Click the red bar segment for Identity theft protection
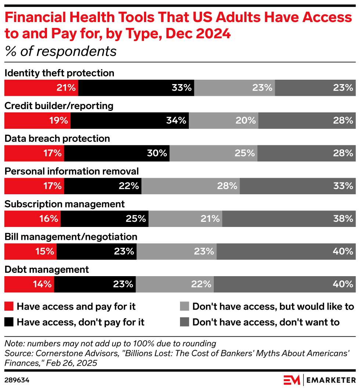[41, 88]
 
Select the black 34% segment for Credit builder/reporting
[130, 120]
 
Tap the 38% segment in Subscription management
[289, 219]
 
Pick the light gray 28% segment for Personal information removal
[191, 186]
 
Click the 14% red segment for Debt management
[29, 284]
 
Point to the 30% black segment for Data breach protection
[117, 153]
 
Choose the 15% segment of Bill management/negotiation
[30, 251]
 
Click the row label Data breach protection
[57, 138]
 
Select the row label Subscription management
[64, 204]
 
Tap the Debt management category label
[47, 269]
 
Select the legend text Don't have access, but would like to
[273, 306]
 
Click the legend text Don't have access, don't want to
[266, 322]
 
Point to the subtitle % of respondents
[61, 51]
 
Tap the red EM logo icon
[292, 379]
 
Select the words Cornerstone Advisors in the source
[62, 353]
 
